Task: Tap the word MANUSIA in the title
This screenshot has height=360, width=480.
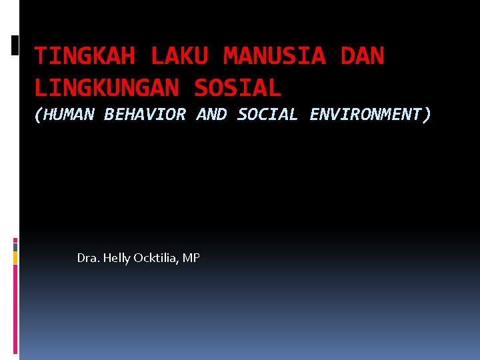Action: pos(275,57)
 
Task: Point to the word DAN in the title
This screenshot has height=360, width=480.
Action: pos(362,57)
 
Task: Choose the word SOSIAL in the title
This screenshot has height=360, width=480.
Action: pos(238,87)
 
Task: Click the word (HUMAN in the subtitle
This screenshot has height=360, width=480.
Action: pos(64,115)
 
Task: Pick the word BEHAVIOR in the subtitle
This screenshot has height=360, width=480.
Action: pos(145,115)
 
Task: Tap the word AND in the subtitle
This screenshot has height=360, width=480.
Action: pos(211,115)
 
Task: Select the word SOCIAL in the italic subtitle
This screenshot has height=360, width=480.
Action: pos(267,115)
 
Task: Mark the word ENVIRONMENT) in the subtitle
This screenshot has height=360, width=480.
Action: pos(371,115)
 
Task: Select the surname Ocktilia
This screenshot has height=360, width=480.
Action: pos(157,258)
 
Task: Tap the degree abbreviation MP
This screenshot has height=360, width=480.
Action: pos(191,258)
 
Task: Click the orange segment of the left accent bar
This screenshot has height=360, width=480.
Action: pos(15,257)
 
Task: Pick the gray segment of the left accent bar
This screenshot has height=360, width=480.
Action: pos(15,245)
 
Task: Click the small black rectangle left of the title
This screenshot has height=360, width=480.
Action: pos(15,45)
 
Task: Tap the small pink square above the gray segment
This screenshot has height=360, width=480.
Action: pos(15,239)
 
